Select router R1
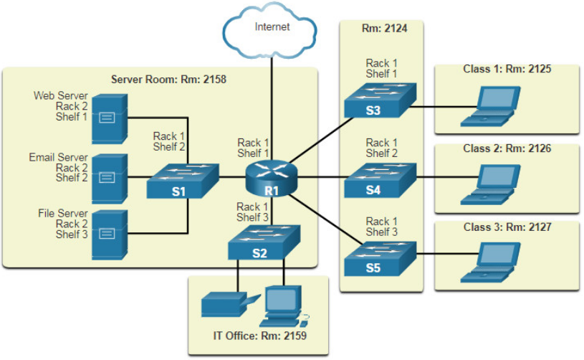[x=272, y=178]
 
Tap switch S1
[x=183, y=181]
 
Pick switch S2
[x=264, y=242]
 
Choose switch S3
[x=380, y=100]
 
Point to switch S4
[x=380, y=181]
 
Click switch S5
[x=380, y=259]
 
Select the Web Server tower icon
[x=110, y=119]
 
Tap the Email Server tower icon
[x=110, y=179]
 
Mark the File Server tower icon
[x=110, y=235]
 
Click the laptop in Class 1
[x=490, y=107]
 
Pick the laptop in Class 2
[x=490, y=185]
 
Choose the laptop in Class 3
[x=490, y=262]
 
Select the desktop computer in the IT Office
[x=284, y=307]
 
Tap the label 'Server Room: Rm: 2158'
[x=168, y=80]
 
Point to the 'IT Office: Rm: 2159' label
[x=259, y=336]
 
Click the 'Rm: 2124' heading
[x=384, y=28]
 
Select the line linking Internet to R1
[x=272, y=109]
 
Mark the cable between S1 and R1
[x=232, y=177]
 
